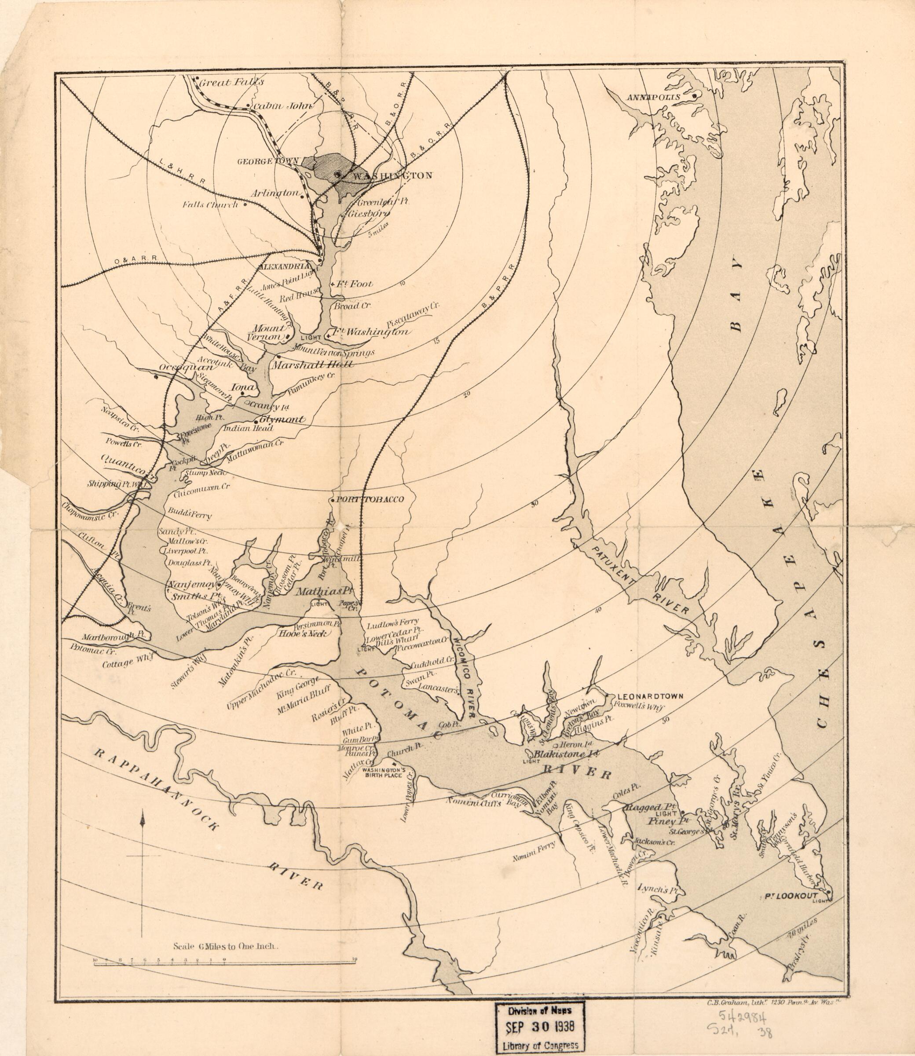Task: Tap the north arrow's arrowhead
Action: pyautogui.click(x=143, y=819)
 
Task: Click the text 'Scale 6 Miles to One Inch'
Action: pyautogui.click(x=225, y=946)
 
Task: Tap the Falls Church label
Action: pyautogui.click(x=211, y=205)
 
